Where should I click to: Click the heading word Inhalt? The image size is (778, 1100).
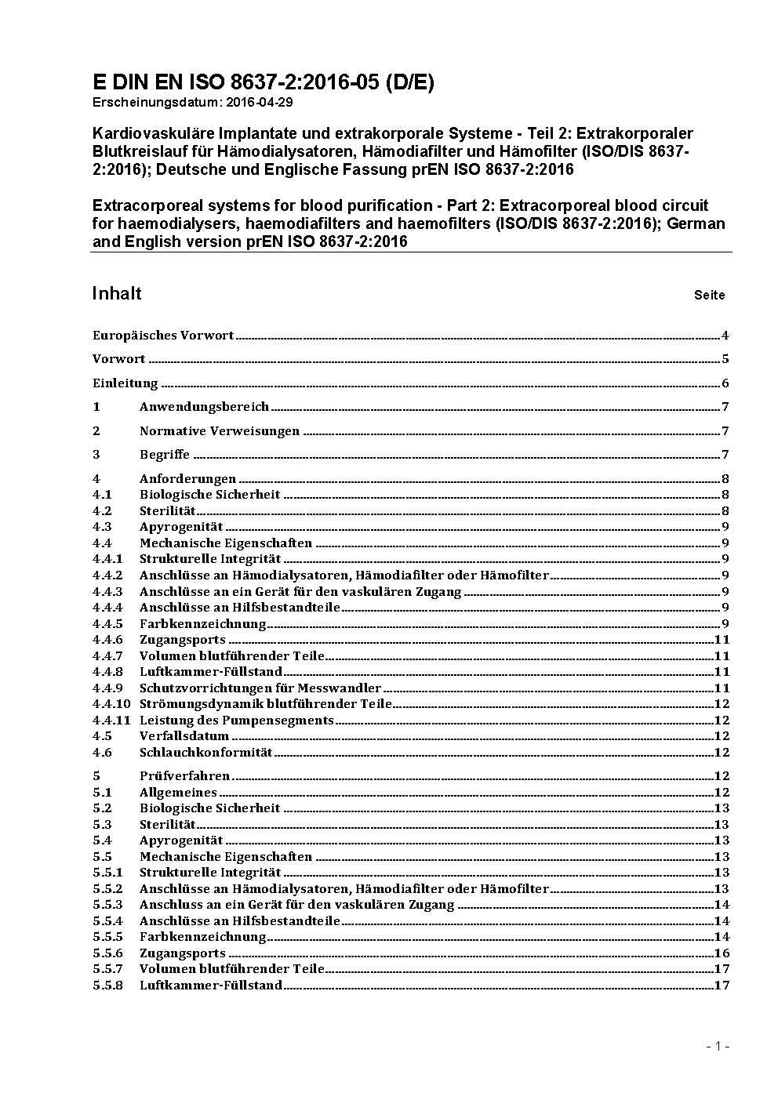pyautogui.click(x=117, y=293)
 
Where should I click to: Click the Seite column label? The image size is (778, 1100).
pyautogui.click(x=709, y=296)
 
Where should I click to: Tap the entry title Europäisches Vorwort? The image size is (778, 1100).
pyautogui.click(x=163, y=336)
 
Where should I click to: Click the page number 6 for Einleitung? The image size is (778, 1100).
pyautogui.click(x=725, y=383)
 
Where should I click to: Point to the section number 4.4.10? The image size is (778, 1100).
pyautogui.click(x=111, y=704)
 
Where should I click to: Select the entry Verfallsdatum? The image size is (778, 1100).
pyautogui.click(x=184, y=736)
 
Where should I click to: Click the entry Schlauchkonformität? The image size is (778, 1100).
pyautogui.click(x=205, y=753)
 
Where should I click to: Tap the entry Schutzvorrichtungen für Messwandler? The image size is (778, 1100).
pyautogui.click(x=260, y=688)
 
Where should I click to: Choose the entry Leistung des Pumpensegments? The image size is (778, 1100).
pyautogui.click(x=237, y=721)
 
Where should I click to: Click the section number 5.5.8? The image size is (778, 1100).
pyautogui.click(x=107, y=986)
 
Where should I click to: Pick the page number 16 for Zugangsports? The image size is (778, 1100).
pyautogui.click(x=722, y=953)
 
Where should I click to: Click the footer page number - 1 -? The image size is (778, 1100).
pyautogui.click(x=717, y=1046)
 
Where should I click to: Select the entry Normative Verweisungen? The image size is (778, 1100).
pyautogui.click(x=220, y=431)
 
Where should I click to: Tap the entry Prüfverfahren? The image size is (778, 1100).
pyautogui.click(x=185, y=776)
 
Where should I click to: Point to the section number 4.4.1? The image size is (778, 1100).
pyautogui.click(x=107, y=559)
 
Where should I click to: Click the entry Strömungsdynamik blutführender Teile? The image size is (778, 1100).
pyautogui.click(x=266, y=704)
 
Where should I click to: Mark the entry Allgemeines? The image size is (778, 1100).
pyautogui.click(x=178, y=793)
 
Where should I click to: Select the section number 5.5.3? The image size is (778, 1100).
pyautogui.click(x=107, y=905)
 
